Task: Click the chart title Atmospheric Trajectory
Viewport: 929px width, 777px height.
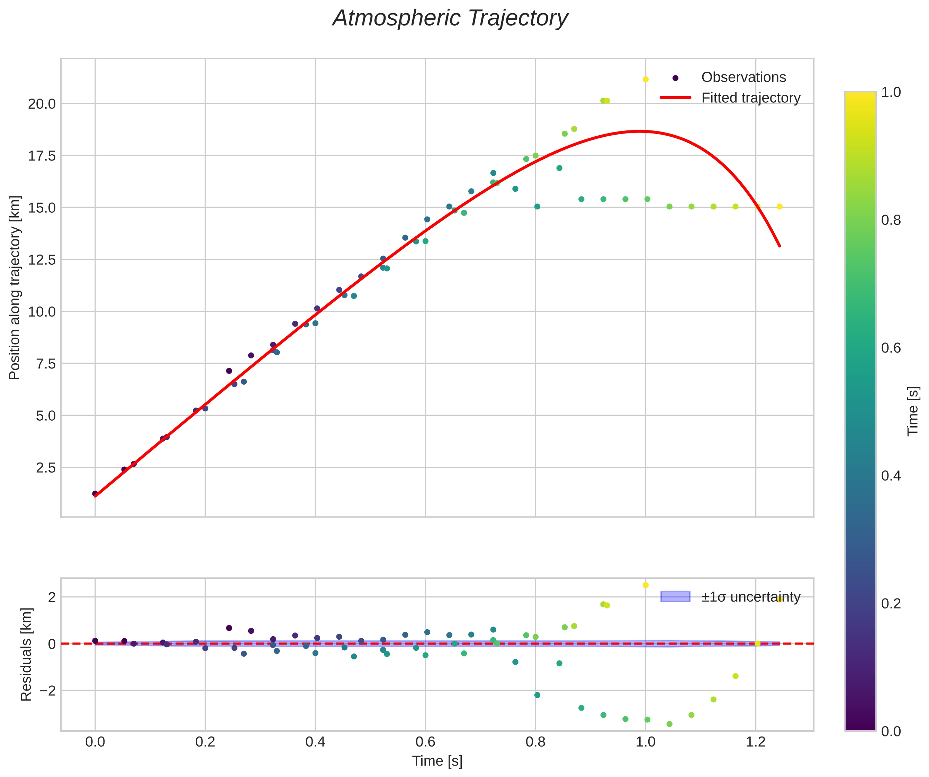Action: (450, 19)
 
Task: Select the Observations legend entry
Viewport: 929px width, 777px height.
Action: (743, 77)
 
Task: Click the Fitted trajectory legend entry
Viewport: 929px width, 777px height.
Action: (750, 98)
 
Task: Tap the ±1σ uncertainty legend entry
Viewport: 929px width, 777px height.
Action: (750, 597)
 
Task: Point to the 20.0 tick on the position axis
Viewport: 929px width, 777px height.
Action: (42, 104)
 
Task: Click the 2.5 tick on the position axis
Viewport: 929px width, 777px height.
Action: (46, 467)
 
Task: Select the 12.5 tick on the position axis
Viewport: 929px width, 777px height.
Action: (42, 259)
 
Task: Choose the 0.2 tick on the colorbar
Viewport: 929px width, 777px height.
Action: (891, 603)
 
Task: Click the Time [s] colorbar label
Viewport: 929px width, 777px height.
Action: (913, 411)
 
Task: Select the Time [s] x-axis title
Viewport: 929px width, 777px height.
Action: (437, 761)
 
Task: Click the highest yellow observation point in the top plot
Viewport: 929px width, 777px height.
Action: (646, 79)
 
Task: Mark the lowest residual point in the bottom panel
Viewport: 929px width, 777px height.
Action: (669, 724)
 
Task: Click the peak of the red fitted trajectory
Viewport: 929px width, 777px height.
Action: (638, 131)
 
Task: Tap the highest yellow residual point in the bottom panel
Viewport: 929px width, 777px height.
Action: (646, 585)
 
